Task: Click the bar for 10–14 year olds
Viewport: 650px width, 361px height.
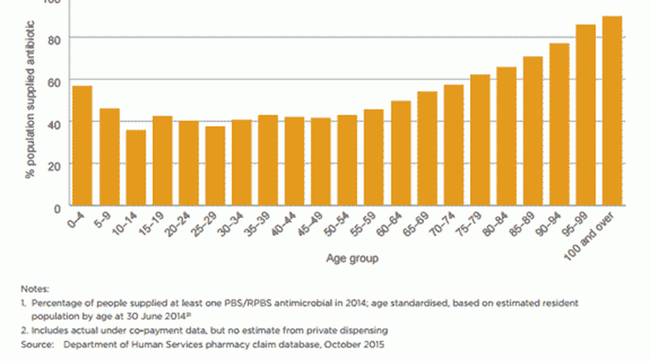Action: coord(135,168)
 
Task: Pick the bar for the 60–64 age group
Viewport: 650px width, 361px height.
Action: coord(400,153)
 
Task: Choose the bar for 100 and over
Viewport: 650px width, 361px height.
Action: coord(612,111)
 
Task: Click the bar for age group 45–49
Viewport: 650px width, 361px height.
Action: coord(320,162)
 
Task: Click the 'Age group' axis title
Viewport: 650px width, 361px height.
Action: coord(352,259)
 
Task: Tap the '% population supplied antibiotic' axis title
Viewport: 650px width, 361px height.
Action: coord(29,99)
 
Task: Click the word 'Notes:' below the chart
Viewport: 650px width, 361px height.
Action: coord(35,289)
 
